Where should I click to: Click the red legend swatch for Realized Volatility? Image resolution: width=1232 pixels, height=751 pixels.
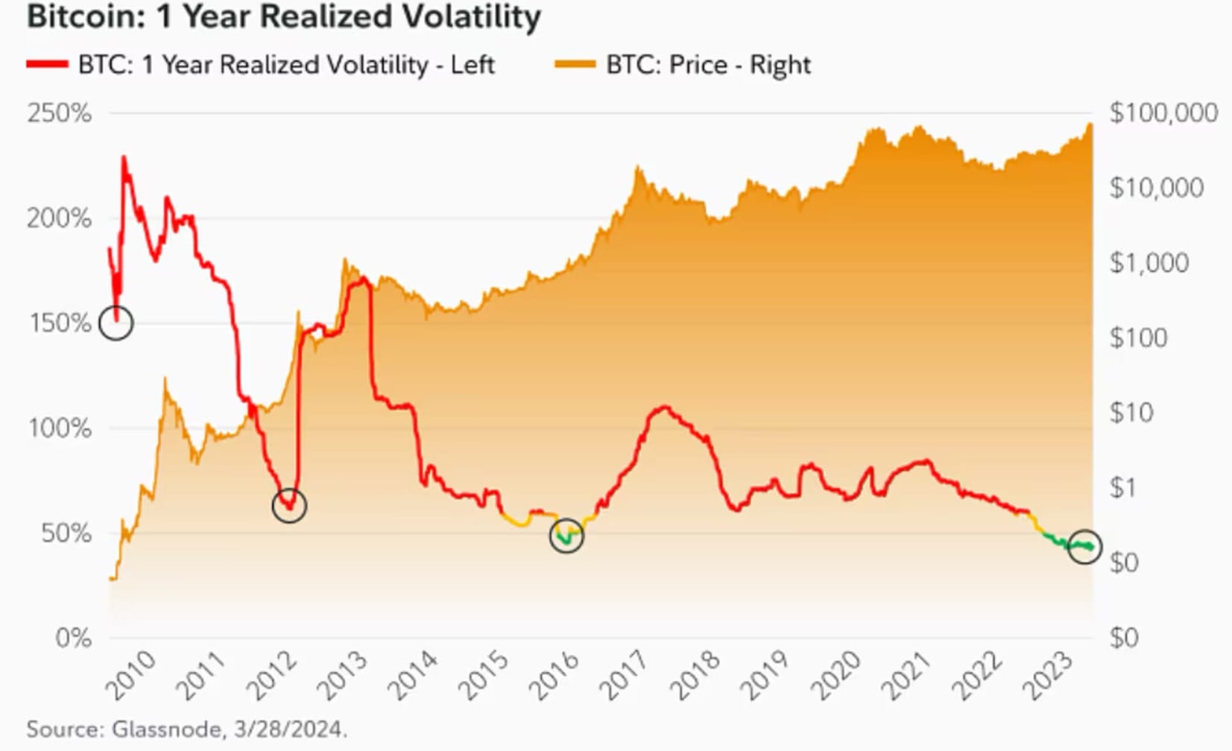(x=47, y=65)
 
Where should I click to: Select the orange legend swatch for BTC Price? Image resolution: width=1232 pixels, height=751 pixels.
(x=575, y=65)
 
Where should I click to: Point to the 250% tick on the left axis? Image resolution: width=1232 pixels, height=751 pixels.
(x=59, y=113)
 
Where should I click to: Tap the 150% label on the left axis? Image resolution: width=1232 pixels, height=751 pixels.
(x=60, y=323)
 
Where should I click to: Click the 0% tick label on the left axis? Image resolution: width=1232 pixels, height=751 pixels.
(x=73, y=638)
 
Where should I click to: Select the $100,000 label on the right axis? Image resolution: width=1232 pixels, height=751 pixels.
(x=1163, y=113)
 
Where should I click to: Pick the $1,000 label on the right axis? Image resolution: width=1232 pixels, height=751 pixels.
(x=1149, y=263)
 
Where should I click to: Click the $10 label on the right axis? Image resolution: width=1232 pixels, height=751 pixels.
(x=1131, y=413)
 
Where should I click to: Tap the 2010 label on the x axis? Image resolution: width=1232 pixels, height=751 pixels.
(x=132, y=675)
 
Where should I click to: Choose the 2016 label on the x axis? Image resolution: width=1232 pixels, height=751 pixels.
(x=555, y=675)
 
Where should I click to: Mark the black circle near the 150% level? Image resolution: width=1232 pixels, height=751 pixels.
(x=116, y=323)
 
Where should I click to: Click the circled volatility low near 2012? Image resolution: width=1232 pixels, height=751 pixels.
(x=289, y=506)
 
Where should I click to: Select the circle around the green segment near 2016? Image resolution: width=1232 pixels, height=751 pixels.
(x=566, y=535)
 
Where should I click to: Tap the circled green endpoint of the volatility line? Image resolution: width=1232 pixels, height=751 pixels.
(x=1084, y=546)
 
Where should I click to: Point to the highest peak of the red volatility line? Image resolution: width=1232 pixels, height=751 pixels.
(x=124, y=158)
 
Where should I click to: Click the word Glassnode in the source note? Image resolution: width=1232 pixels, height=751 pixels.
(x=165, y=729)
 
